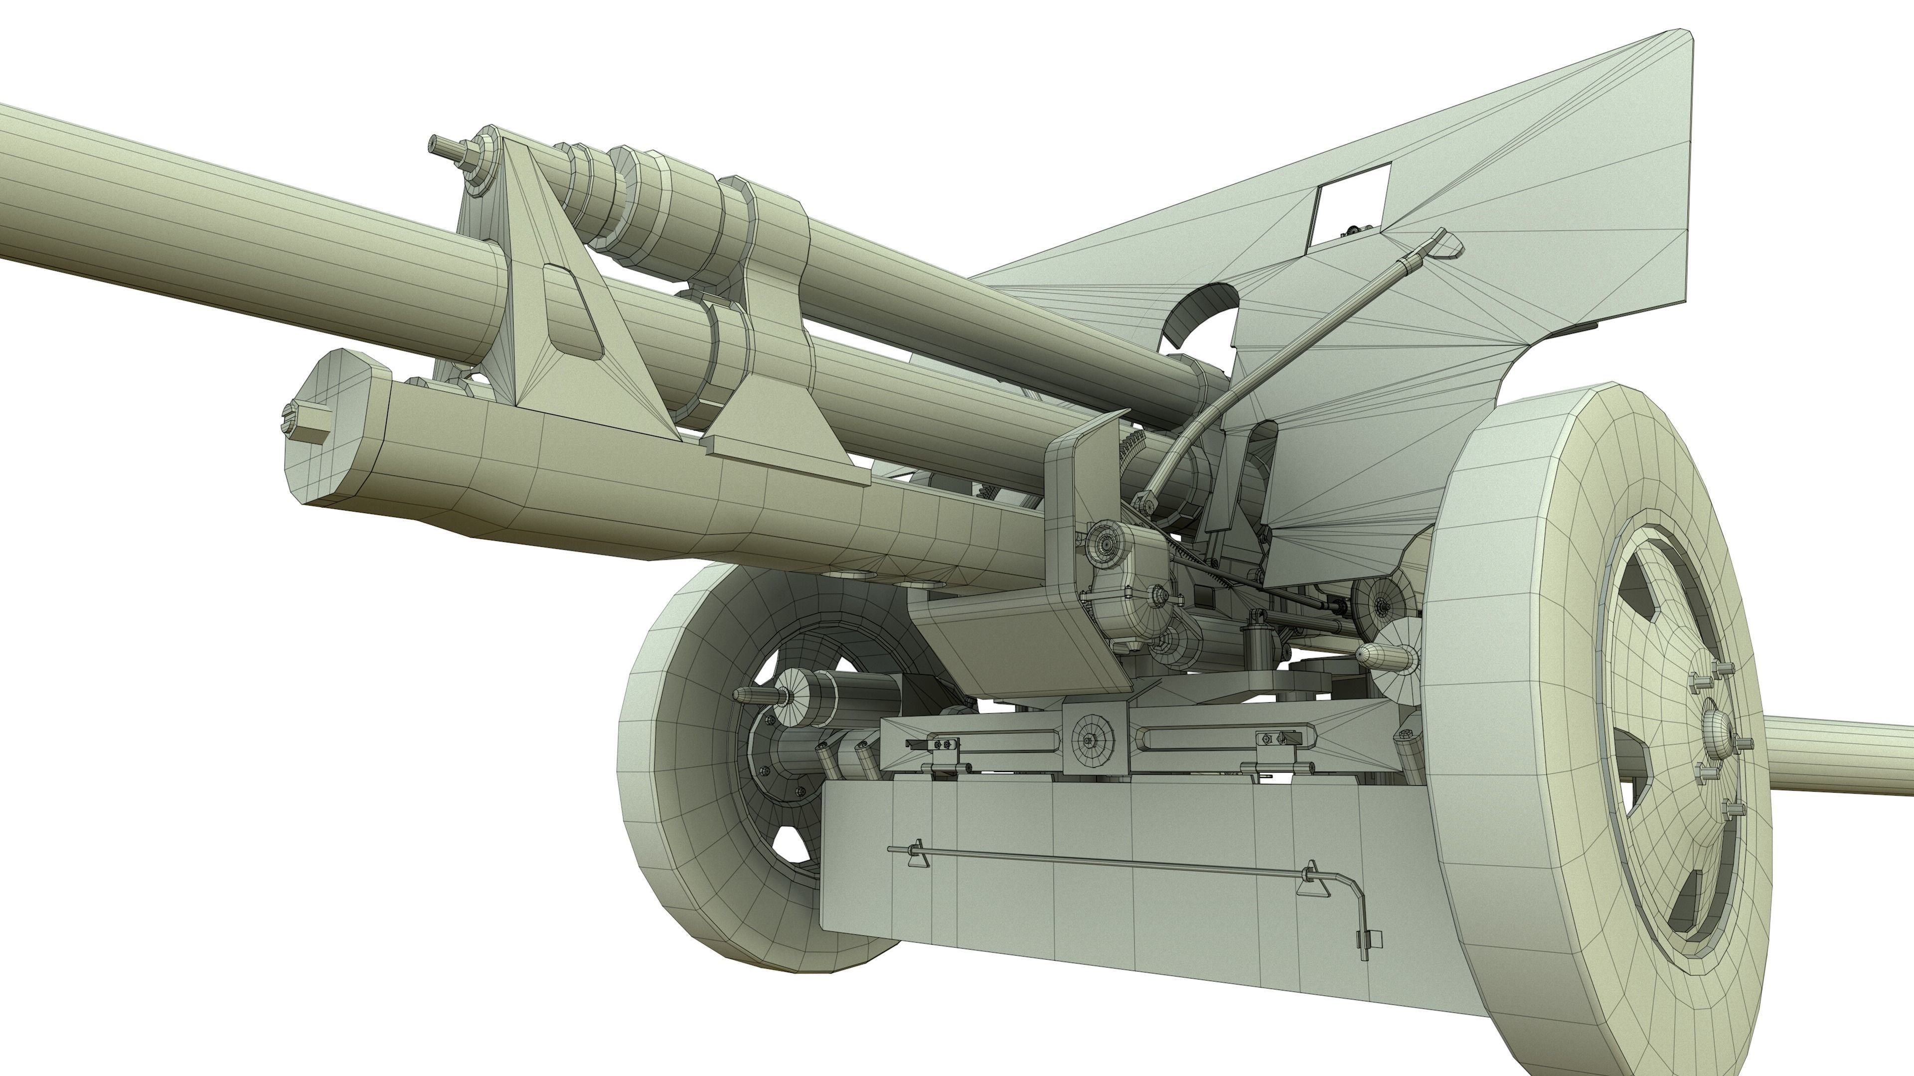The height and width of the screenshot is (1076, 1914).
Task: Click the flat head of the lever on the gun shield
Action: [x=1443, y=242]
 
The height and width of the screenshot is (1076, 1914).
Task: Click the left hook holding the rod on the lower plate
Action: [x=917, y=852]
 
